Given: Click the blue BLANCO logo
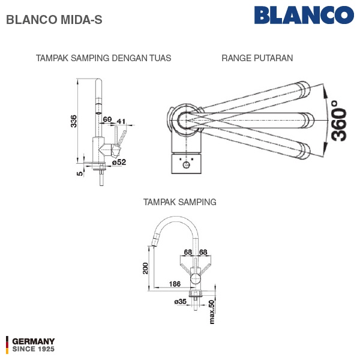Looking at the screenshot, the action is pos(304,15).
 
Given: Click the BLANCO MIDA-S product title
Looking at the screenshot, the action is pos(54,20).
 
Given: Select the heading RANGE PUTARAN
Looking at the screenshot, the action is pos(257,58).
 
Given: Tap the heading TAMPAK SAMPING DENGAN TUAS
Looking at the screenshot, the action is pos(104,58).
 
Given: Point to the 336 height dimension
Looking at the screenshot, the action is pos(73,121).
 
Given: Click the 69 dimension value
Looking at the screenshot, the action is pos(107,119).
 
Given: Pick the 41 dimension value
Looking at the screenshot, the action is pos(121,121).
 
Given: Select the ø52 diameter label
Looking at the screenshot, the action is pos(119,163).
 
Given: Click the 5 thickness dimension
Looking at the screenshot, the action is pos(79,173).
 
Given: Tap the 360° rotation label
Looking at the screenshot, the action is pos(339,121).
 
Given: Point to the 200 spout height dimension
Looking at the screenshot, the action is pos(146,268).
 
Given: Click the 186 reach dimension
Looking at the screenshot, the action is pos(175,284).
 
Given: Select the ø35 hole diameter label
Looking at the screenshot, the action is pos(181,301).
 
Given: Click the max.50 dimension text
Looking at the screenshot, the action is pos(212,312).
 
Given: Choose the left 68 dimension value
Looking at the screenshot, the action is pos(188,252).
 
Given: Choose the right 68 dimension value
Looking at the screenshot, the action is pos(203,252).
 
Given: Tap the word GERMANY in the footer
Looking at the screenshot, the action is pos(34,341).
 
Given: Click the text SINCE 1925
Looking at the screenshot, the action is pos(34,349).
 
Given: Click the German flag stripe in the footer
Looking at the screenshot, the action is pos(7,345).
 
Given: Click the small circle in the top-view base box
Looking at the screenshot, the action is pos(186,164).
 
